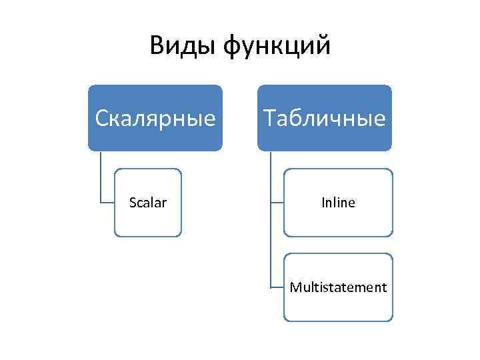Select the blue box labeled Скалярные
pyautogui.click(x=155, y=118)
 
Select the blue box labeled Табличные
pyautogui.click(x=325, y=118)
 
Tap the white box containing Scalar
pyautogui.click(x=147, y=203)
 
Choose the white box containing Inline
pyautogui.click(x=338, y=203)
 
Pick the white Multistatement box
pyautogui.click(x=338, y=287)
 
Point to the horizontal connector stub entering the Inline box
pyautogui.click(x=277, y=203)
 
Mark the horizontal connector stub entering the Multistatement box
pyautogui.click(x=277, y=287)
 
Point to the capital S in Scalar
pyautogui.click(x=131, y=203)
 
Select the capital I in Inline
pyautogui.click(x=322, y=203)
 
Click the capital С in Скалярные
pyautogui.click(x=102, y=118)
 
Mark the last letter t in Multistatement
pyautogui.click(x=384, y=287)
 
